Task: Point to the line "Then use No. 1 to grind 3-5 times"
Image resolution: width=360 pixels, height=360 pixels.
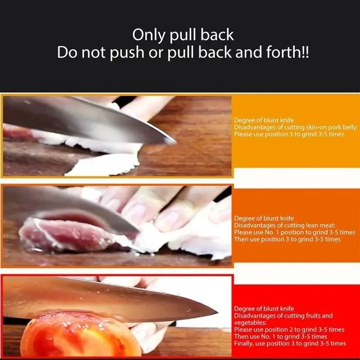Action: pyautogui.click(x=280, y=337)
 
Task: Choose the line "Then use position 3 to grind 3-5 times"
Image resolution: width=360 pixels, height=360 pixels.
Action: pyautogui.click(x=287, y=239)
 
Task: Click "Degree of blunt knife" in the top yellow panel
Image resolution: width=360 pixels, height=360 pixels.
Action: pyautogui.click(x=264, y=121)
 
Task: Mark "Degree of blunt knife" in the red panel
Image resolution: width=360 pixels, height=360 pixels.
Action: pyautogui.click(x=264, y=309)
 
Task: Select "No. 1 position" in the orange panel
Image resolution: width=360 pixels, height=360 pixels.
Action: pyautogui.click(x=284, y=232)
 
